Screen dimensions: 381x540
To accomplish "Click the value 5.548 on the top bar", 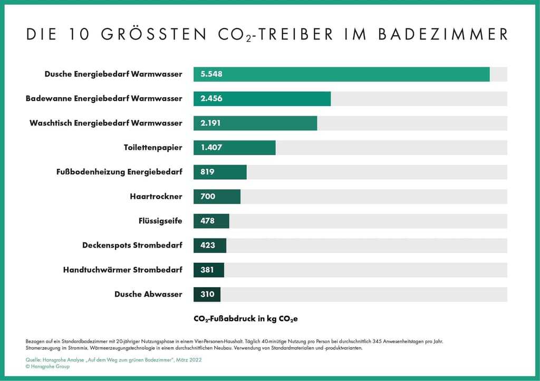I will pyautogui.click(x=211, y=74).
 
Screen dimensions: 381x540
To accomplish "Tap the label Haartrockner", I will pyautogui.click(x=156, y=196).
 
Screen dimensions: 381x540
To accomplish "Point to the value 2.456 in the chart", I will pyautogui.click(x=211, y=99).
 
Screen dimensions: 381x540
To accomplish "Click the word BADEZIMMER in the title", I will pyautogui.click(x=443, y=35).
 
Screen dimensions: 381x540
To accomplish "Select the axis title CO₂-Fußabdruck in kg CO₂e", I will pyautogui.click(x=246, y=319).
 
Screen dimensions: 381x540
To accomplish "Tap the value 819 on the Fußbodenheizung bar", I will pyautogui.click(x=208, y=172).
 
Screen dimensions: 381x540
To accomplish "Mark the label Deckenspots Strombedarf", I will pyautogui.click(x=132, y=245).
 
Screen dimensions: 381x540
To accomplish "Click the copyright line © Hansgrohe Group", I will pyautogui.click(x=47, y=367).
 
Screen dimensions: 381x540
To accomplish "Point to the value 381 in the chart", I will pyautogui.click(x=208, y=270).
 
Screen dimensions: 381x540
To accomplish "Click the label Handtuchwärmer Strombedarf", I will pyautogui.click(x=123, y=270).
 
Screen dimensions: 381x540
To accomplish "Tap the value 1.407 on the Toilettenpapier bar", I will pyautogui.click(x=211, y=148).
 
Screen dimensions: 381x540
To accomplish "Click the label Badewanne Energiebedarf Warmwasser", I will pyautogui.click(x=104, y=99).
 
